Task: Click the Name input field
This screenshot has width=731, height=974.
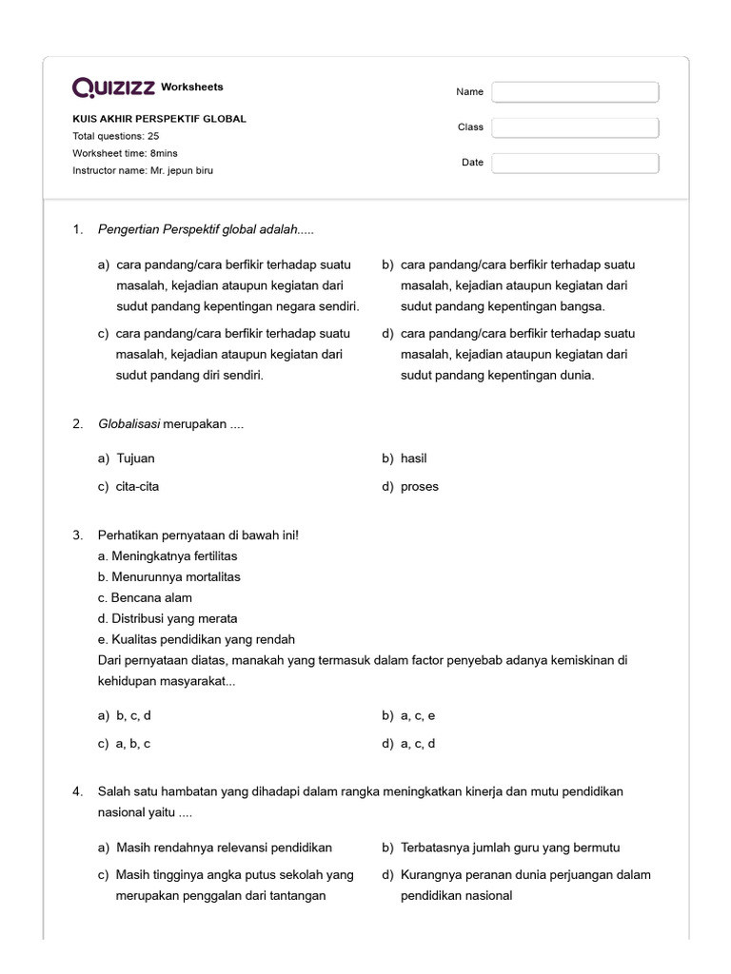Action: tap(575, 92)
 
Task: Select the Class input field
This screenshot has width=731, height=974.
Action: tap(575, 127)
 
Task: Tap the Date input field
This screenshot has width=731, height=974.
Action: tap(575, 163)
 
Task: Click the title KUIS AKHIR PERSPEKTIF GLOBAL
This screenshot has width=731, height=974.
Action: tap(159, 119)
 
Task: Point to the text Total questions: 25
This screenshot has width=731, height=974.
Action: tap(116, 136)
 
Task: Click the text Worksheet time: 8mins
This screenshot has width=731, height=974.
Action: tap(125, 153)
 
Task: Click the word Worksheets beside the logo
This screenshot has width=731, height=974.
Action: tap(192, 87)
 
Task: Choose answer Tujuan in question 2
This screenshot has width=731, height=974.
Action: tap(135, 458)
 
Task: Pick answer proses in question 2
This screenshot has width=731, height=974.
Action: tap(420, 487)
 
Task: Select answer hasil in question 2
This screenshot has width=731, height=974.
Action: tap(414, 458)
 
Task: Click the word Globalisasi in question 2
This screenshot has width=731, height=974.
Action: tap(128, 424)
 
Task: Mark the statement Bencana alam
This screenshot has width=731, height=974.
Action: tap(145, 597)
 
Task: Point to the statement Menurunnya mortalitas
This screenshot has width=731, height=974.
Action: tap(168, 576)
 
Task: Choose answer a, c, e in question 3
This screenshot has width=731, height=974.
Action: tap(418, 715)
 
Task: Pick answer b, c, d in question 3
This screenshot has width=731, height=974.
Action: tap(133, 715)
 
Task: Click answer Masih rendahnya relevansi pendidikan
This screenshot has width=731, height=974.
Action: tap(224, 847)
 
